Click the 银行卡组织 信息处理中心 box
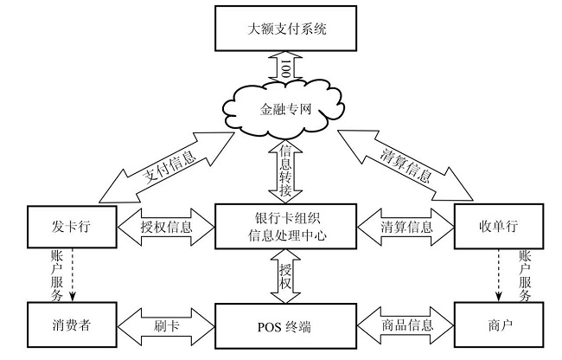click(x=285, y=227)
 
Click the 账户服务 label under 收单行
click(x=524, y=276)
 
